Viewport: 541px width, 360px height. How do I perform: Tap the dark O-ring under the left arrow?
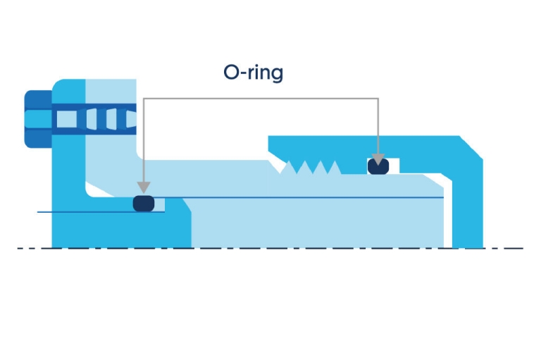click(144, 203)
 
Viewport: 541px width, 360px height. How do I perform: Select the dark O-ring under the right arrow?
click(378, 166)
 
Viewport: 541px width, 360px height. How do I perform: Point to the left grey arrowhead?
click(144, 187)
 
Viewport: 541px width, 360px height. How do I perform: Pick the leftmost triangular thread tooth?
click(290, 168)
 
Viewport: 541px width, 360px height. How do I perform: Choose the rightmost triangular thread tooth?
click(333, 168)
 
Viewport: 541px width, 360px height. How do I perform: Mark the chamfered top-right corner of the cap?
click(471, 147)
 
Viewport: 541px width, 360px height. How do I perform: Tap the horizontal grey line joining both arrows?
click(261, 99)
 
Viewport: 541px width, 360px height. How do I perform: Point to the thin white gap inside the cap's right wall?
click(447, 211)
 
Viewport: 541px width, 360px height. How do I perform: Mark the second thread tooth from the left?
click(304, 168)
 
